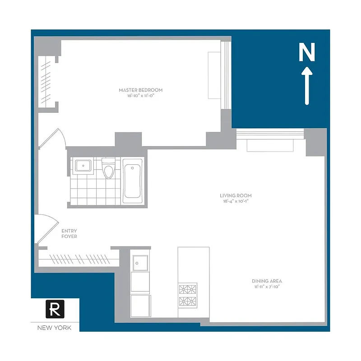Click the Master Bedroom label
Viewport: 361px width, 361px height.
pyautogui.click(x=140, y=90)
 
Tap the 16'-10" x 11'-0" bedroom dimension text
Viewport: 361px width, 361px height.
pyautogui.click(x=140, y=97)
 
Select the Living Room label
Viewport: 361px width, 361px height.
pyautogui.click(x=236, y=195)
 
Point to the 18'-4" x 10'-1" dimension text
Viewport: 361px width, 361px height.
pyautogui.click(x=236, y=202)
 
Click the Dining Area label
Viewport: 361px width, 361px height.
pyautogui.click(x=267, y=281)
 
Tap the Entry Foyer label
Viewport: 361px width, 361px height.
pyautogui.click(x=69, y=233)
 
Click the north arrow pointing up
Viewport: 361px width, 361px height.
pyautogui.click(x=307, y=86)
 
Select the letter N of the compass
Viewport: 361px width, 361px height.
pyautogui.click(x=307, y=53)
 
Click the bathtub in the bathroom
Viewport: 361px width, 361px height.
pyautogui.click(x=133, y=181)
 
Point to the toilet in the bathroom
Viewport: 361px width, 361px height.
pyautogui.click(x=109, y=169)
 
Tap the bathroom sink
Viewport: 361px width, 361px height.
pyautogui.click(x=83, y=166)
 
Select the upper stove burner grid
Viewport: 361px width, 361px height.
pyautogui.click(x=187, y=289)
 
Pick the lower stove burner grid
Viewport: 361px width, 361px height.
pyautogui.click(x=187, y=302)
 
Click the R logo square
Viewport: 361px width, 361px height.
pyautogui.click(x=55, y=309)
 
